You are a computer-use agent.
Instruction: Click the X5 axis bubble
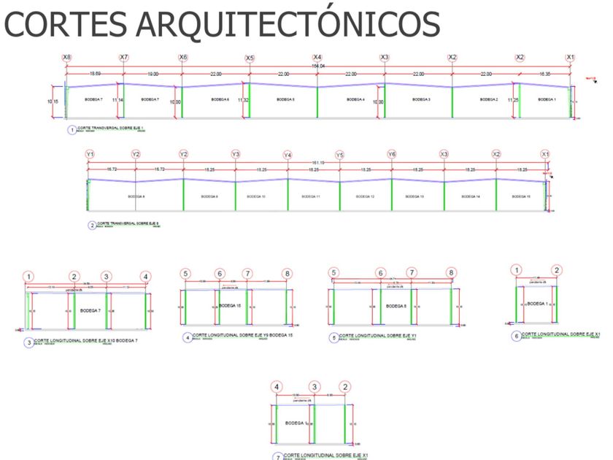coord(250,58)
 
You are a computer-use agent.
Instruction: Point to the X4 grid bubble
coord(317,58)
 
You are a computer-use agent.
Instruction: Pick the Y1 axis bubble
coord(90,155)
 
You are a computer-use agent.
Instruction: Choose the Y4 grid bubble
coord(288,156)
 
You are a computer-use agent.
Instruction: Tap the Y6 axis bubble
coord(392,155)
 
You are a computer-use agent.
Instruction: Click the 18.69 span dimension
coord(96,74)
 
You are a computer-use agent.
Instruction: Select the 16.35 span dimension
coord(545,74)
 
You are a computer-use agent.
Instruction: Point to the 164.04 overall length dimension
coord(319,67)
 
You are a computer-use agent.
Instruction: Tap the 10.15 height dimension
coord(53,101)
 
